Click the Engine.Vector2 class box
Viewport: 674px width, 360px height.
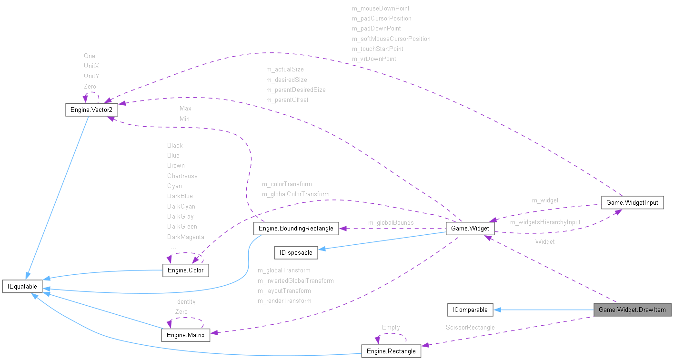click(x=91, y=110)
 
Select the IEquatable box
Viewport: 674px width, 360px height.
click(x=22, y=286)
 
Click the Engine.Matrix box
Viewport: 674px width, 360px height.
click(x=186, y=335)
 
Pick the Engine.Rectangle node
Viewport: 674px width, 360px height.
click(x=391, y=351)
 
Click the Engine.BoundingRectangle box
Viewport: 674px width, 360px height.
click(x=296, y=229)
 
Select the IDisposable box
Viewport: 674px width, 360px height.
click(x=296, y=252)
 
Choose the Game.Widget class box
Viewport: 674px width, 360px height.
click(x=470, y=229)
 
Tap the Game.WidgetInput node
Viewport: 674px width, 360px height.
click(x=632, y=202)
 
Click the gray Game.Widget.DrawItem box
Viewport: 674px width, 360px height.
click(x=632, y=310)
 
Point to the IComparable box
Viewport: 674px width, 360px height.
click(x=470, y=310)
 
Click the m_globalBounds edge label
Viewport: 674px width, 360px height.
click(x=391, y=222)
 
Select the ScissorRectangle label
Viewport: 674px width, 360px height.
click(x=470, y=327)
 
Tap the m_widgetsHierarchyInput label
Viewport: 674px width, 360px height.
click(x=545, y=222)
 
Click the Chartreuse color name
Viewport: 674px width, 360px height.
click(x=182, y=176)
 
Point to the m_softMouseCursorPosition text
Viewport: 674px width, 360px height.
click(x=391, y=39)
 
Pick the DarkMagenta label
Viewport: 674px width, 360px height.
click(x=185, y=237)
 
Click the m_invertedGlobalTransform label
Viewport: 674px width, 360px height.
click(x=295, y=280)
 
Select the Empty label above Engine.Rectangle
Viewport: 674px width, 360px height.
click(x=391, y=327)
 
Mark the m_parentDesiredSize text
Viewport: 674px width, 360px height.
click(x=296, y=90)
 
